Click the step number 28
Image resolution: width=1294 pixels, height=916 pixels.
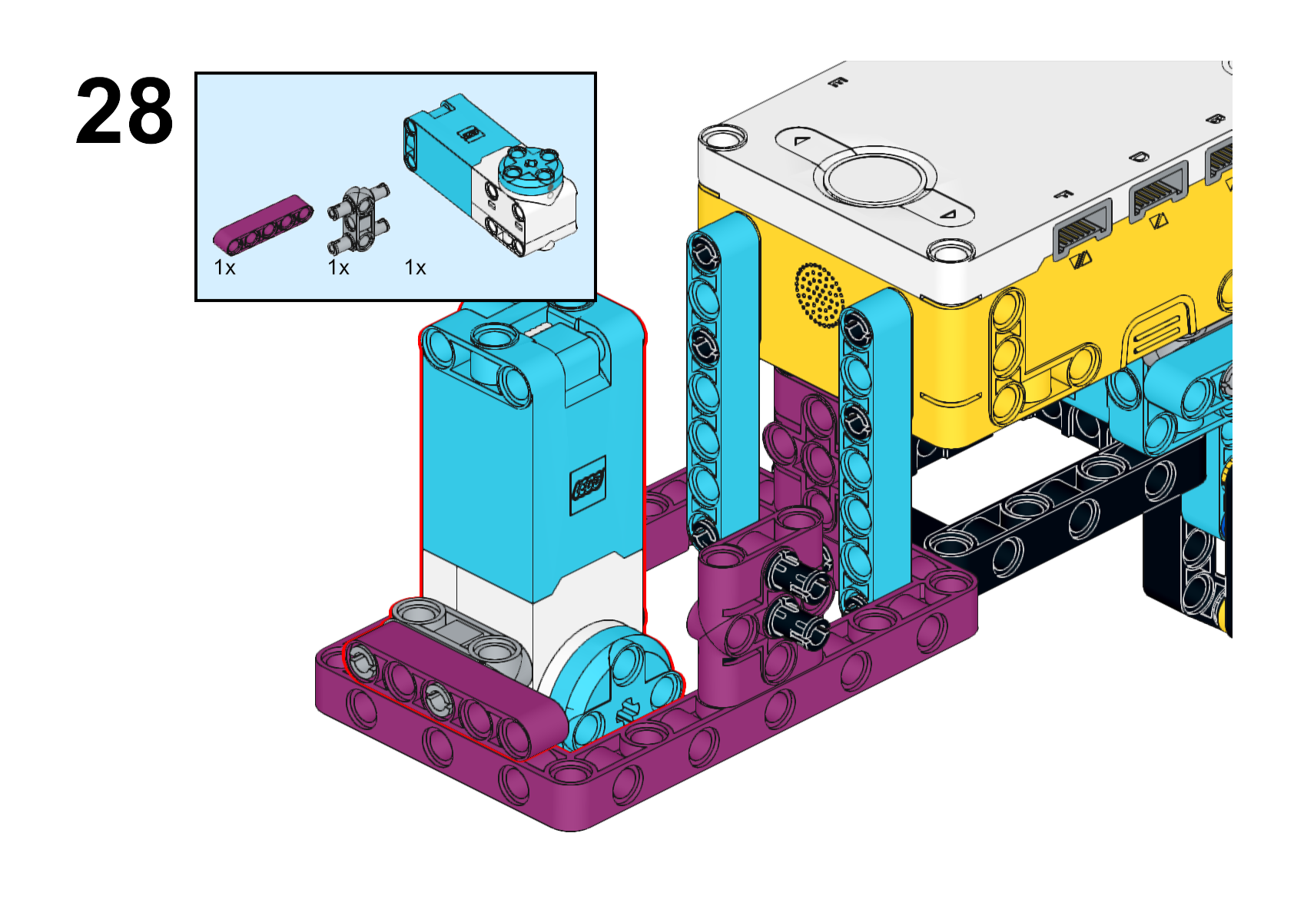point(124,111)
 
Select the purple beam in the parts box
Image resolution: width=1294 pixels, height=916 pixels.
point(264,224)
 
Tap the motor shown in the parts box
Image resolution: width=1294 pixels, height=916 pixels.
point(491,175)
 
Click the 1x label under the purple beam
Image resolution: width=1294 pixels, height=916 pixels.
point(224,267)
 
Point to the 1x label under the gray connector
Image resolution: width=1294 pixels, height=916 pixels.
point(339,267)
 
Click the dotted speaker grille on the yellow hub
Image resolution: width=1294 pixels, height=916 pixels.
point(819,295)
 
